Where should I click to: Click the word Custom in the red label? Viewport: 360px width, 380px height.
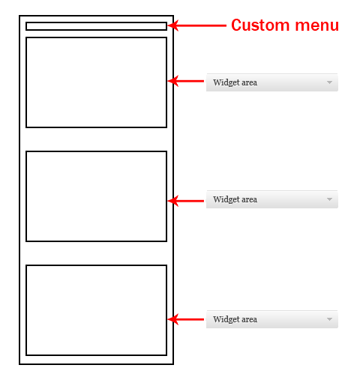[260, 25]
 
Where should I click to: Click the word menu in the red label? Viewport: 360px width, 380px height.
[317, 26]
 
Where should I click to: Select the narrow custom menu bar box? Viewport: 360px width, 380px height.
[96, 22]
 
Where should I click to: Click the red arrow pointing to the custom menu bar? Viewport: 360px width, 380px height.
[197, 25]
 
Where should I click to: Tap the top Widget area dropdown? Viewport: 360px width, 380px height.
[272, 82]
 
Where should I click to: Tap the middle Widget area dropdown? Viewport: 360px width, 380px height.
[272, 199]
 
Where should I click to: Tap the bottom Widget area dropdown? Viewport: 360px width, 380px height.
[272, 319]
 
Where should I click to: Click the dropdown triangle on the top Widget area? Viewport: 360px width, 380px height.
[329, 82]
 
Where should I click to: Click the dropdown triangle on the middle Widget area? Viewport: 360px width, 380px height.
[329, 199]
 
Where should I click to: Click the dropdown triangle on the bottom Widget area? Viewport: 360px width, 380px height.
[329, 319]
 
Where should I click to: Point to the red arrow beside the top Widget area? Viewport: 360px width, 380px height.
[186, 81]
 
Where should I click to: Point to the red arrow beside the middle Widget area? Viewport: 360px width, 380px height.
[186, 201]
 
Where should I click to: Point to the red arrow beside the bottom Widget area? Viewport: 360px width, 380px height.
[186, 319]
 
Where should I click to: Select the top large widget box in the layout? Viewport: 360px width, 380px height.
[96, 37]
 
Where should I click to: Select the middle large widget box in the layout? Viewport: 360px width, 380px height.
[96, 151]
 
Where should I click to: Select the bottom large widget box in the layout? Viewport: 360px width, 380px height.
[96, 265]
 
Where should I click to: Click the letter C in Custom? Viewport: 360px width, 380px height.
[236, 25]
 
